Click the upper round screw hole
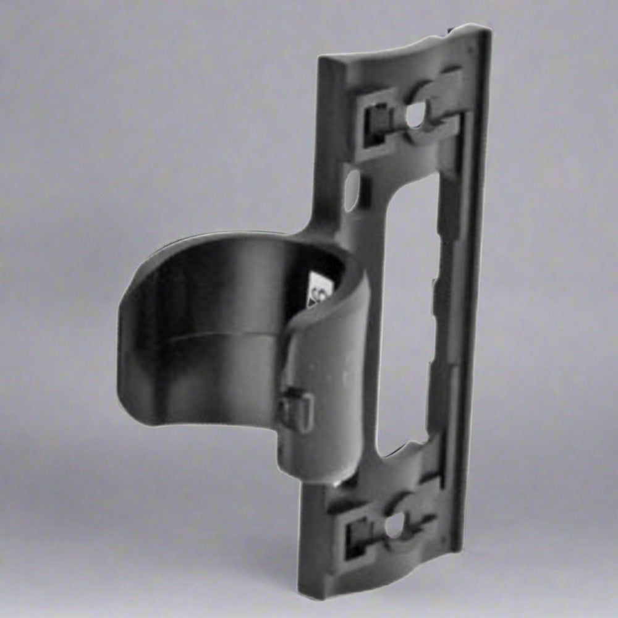coord(415,114)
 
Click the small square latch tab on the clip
coord(296,408)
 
